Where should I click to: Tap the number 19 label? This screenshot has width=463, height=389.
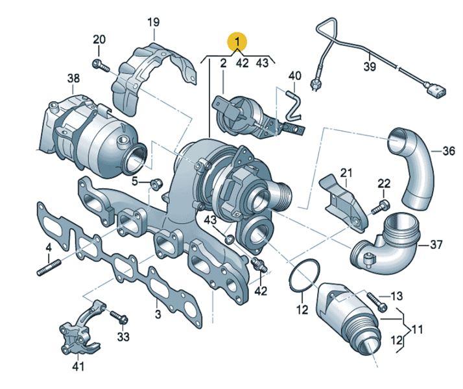pyautogui.click(x=152, y=23)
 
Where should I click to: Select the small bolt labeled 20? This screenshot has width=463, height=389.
pyautogui.click(x=99, y=64)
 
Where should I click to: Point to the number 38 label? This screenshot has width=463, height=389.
pyautogui.click(x=73, y=79)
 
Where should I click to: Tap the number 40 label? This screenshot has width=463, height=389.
pyautogui.click(x=295, y=77)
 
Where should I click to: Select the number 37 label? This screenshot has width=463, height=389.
pyautogui.click(x=436, y=244)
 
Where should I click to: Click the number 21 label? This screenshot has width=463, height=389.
pyautogui.click(x=346, y=173)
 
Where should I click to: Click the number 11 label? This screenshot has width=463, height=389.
pyautogui.click(x=417, y=329)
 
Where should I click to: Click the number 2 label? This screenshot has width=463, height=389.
pyautogui.click(x=222, y=64)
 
